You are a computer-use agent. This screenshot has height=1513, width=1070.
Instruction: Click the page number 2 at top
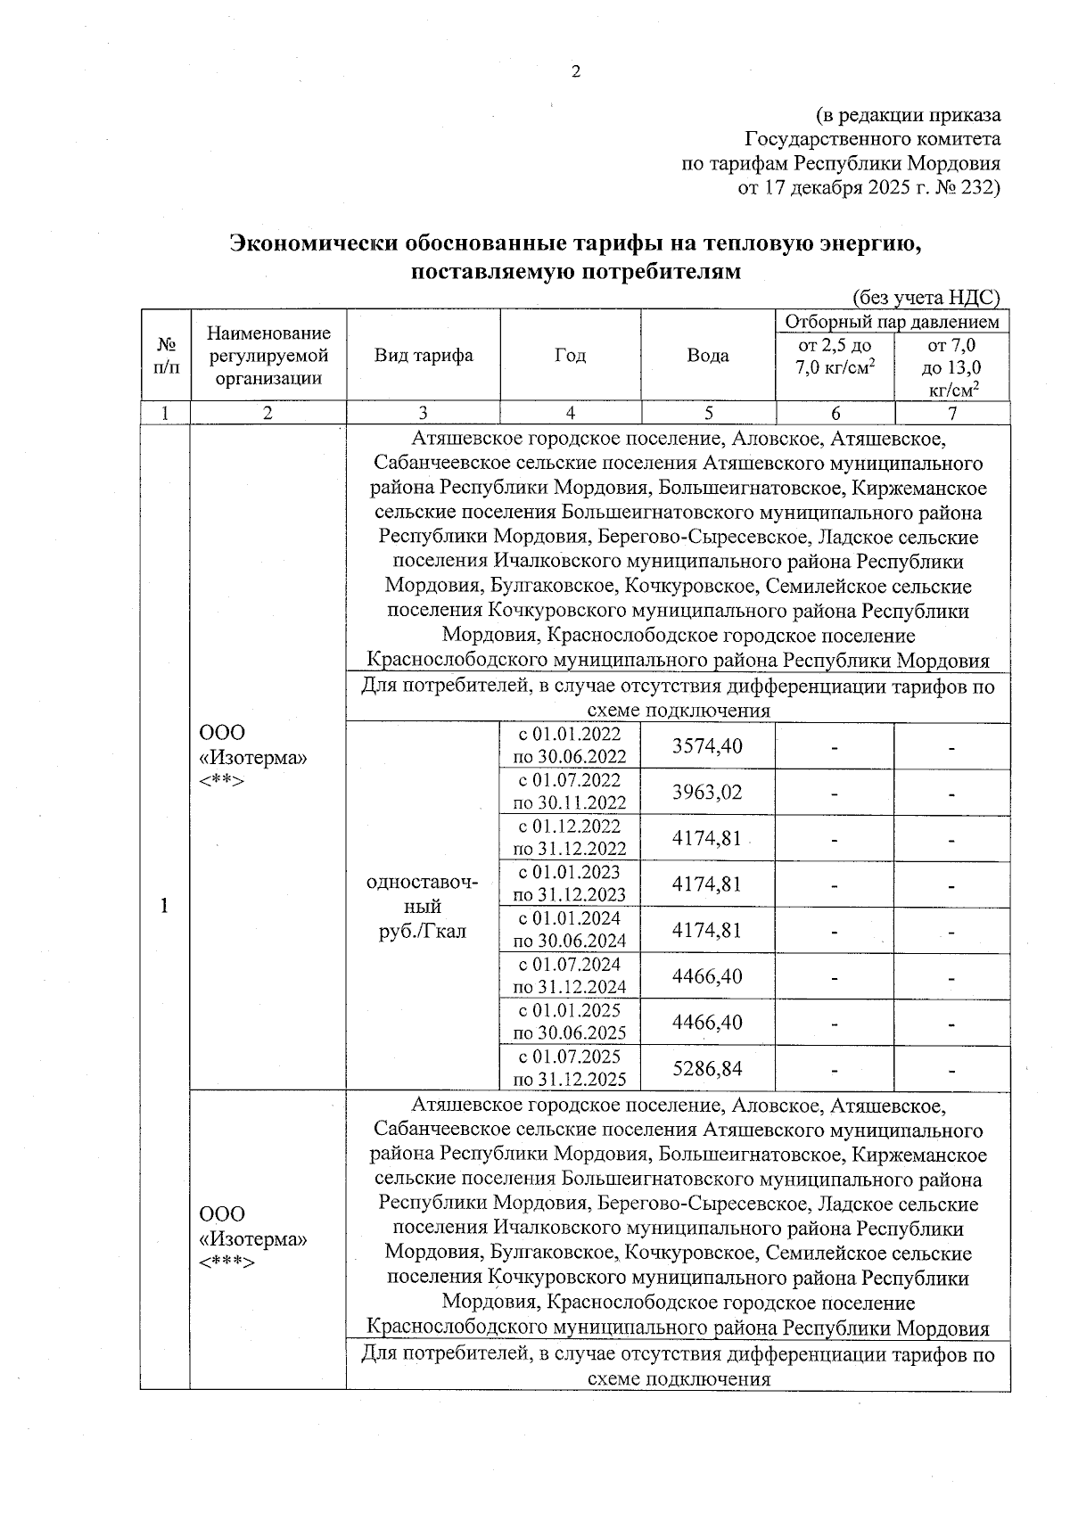575,72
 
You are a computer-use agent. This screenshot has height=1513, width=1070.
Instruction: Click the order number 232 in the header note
977,188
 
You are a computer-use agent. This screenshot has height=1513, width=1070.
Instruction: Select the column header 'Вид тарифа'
423,356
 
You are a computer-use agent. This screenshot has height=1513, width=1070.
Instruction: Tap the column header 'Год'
570,356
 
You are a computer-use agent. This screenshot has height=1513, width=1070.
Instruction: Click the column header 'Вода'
708,356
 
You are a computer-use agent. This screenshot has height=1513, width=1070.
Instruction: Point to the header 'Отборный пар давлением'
892,322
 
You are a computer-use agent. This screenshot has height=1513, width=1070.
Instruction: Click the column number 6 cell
835,413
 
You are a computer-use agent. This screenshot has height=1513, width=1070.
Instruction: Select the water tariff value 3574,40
707,746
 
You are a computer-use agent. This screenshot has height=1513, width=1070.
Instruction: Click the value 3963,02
707,793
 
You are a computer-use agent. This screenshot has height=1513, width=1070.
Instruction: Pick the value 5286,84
707,1068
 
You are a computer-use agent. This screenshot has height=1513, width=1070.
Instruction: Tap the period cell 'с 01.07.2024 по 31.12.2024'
570,975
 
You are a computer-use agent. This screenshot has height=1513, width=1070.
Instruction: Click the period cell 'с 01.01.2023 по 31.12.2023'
570,884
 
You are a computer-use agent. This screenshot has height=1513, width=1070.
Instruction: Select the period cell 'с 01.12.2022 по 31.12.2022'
570,838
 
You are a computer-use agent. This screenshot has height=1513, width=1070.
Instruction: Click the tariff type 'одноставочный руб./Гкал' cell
423,907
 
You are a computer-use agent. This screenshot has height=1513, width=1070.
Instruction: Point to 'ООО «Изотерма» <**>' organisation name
253,757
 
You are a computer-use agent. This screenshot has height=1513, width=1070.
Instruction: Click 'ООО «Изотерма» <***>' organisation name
253,1239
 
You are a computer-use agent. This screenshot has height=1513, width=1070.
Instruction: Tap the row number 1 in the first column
164,907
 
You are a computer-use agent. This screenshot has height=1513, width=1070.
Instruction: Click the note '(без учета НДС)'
926,298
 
